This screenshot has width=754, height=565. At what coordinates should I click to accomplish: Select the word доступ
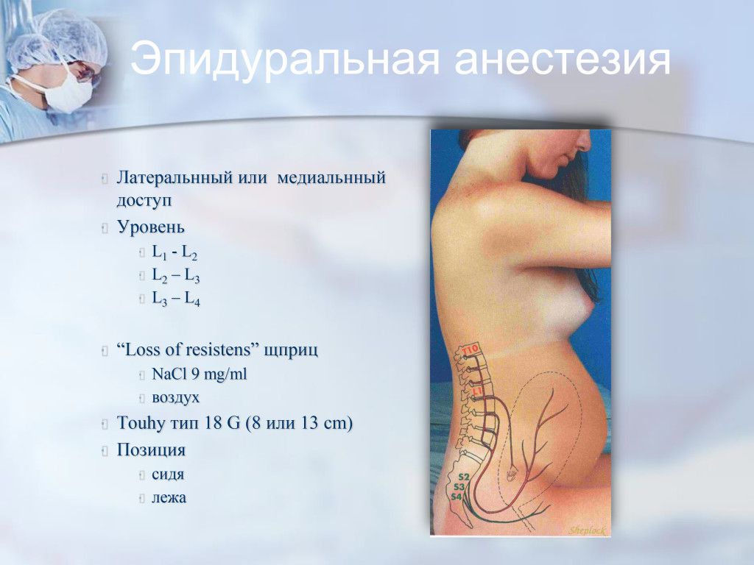[144, 200]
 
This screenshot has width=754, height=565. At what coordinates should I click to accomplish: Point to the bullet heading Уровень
[150, 227]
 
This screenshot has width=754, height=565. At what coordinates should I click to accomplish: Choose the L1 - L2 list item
[175, 252]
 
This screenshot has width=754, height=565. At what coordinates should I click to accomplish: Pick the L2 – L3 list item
[175, 276]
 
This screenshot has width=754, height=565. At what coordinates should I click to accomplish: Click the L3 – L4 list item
[175, 299]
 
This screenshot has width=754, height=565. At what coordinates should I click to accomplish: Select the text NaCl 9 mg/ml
[199, 374]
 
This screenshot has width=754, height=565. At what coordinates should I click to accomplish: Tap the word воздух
[175, 398]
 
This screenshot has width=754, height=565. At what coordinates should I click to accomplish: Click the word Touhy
[141, 423]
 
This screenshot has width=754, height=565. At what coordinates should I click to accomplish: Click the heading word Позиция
[151, 450]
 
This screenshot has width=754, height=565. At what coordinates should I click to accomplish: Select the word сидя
[168, 475]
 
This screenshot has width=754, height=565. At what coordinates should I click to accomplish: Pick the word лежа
[169, 497]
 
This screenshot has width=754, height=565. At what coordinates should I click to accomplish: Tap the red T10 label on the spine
[469, 349]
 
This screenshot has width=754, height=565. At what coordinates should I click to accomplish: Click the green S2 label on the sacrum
[464, 477]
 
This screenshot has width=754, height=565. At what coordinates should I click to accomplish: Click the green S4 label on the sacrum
[457, 497]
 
